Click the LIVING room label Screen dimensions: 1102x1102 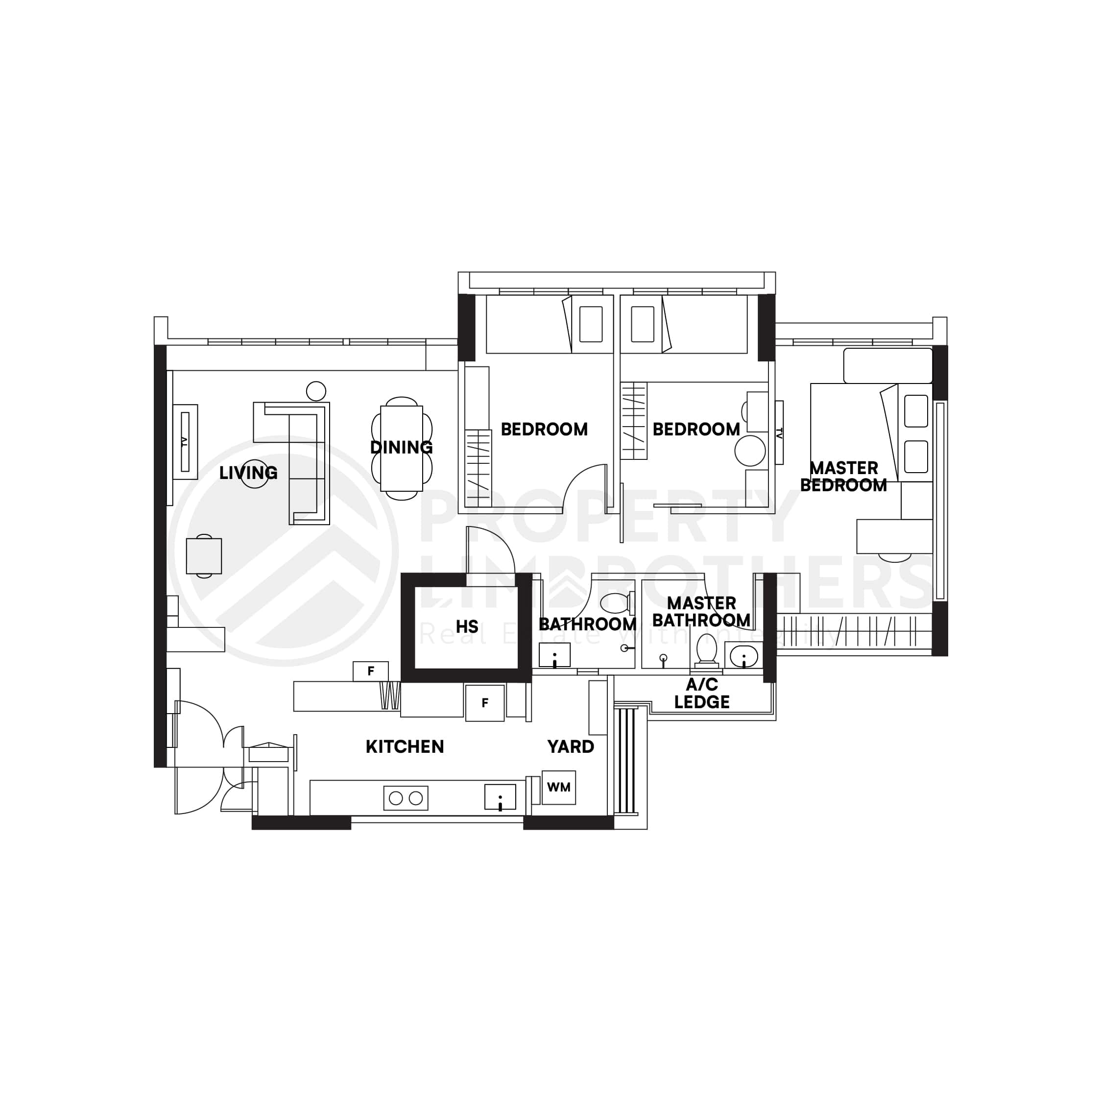(248, 473)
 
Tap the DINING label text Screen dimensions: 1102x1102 (401, 447)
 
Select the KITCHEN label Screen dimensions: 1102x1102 (405, 746)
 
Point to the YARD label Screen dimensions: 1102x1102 (571, 746)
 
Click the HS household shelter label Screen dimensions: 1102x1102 (467, 627)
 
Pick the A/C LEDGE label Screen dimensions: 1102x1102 (701, 694)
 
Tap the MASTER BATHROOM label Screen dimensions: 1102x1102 (701, 611)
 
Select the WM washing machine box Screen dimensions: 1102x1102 (558, 788)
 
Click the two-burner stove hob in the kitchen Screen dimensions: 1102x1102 (406, 798)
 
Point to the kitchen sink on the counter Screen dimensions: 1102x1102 (500, 797)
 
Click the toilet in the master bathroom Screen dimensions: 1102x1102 (707, 650)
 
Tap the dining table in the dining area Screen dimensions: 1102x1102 (402, 448)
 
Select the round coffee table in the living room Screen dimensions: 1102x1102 (254, 474)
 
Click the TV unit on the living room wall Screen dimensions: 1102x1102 (185, 442)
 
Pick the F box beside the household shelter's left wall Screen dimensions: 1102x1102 (371, 671)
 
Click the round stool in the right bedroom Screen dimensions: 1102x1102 (749, 451)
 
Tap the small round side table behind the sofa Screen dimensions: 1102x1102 (316, 391)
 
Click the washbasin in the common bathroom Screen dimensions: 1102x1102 (554, 655)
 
